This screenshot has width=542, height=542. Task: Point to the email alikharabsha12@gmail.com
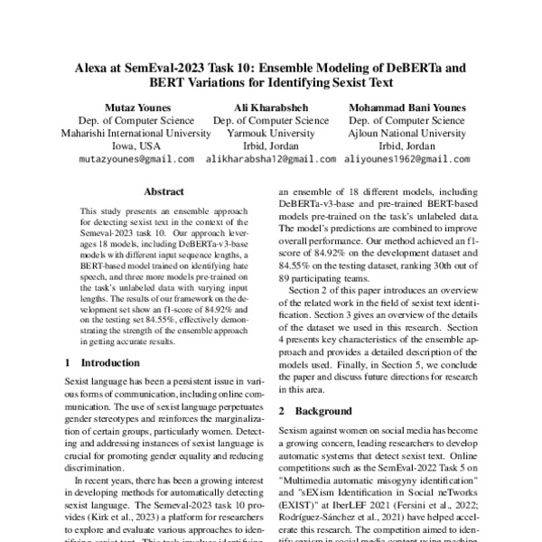tap(271, 159)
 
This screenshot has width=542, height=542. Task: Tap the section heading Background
tap(320, 410)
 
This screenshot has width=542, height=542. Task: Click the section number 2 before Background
tap(283, 410)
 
